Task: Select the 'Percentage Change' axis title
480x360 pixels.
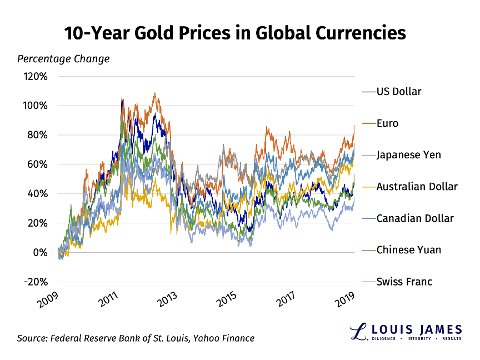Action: [63, 58]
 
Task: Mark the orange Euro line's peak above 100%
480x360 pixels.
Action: [154, 93]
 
